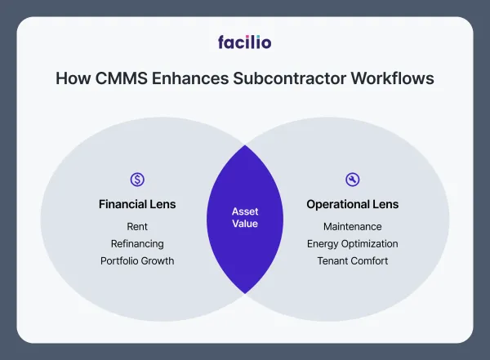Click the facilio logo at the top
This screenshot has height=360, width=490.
coord(245,41)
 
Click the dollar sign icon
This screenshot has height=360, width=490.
coord(137,180)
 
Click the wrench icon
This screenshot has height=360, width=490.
coord(353,180)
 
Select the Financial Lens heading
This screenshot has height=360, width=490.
coord(137,204)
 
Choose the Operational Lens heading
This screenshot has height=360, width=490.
coord(353,204)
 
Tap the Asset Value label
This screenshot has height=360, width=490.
coord(245,218)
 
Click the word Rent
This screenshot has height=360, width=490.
coord(137,226)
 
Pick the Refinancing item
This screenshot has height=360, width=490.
coord(137,243)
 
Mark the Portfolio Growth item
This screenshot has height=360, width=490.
coord(137,261)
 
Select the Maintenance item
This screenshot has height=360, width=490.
coord(353,226)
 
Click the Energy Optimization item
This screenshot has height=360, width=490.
coord(353,243)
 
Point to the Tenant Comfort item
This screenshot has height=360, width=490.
coord(353,261)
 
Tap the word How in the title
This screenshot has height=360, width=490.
coord(69,79)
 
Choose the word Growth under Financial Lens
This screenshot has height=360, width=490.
coord(158,261)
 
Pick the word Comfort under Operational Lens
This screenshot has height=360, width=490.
coord(369,261)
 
